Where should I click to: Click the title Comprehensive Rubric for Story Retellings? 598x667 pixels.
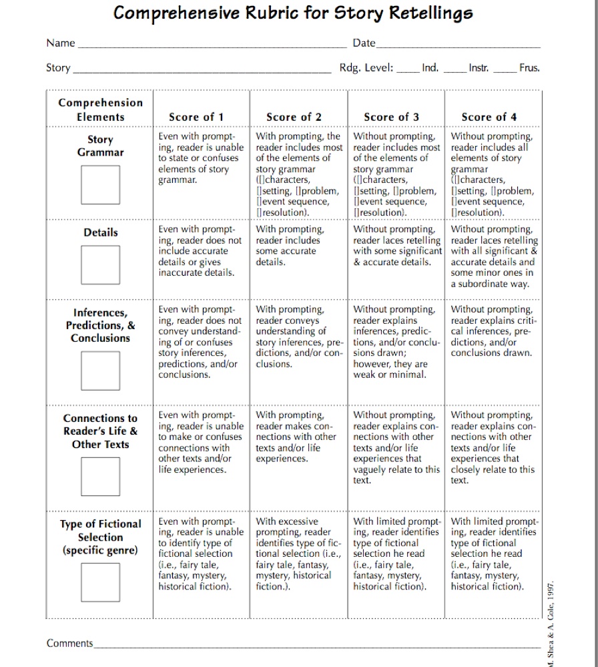pos(293,13)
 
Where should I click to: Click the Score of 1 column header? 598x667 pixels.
pos(196,117)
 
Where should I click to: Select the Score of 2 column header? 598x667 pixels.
pos(294,117)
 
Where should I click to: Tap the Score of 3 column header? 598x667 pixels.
pos(391,117)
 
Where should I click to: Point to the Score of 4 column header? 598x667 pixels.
pos(489,117)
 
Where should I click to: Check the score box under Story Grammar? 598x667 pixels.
pos(101,185)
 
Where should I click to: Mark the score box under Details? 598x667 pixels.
pos(101,265)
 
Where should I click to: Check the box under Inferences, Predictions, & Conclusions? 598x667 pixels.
pos(101,371)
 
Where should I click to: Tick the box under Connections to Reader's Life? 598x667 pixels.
pos(101,477)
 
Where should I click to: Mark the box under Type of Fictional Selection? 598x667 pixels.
pos(101,582)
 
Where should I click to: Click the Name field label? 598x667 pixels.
pos(61,43)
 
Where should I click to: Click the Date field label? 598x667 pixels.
pos(364,43)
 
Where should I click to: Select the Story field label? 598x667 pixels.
pos(58,68)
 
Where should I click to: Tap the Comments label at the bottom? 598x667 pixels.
pos(69,644)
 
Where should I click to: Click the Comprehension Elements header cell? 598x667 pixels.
pos(100,109)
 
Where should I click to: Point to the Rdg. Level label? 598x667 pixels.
pos(366,68)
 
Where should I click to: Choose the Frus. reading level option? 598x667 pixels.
pos(529,68)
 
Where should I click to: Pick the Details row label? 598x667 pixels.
pos(101,233)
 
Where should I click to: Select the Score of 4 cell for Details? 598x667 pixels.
pos(493,256)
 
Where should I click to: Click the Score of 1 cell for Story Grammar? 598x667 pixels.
pos(200,158)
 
